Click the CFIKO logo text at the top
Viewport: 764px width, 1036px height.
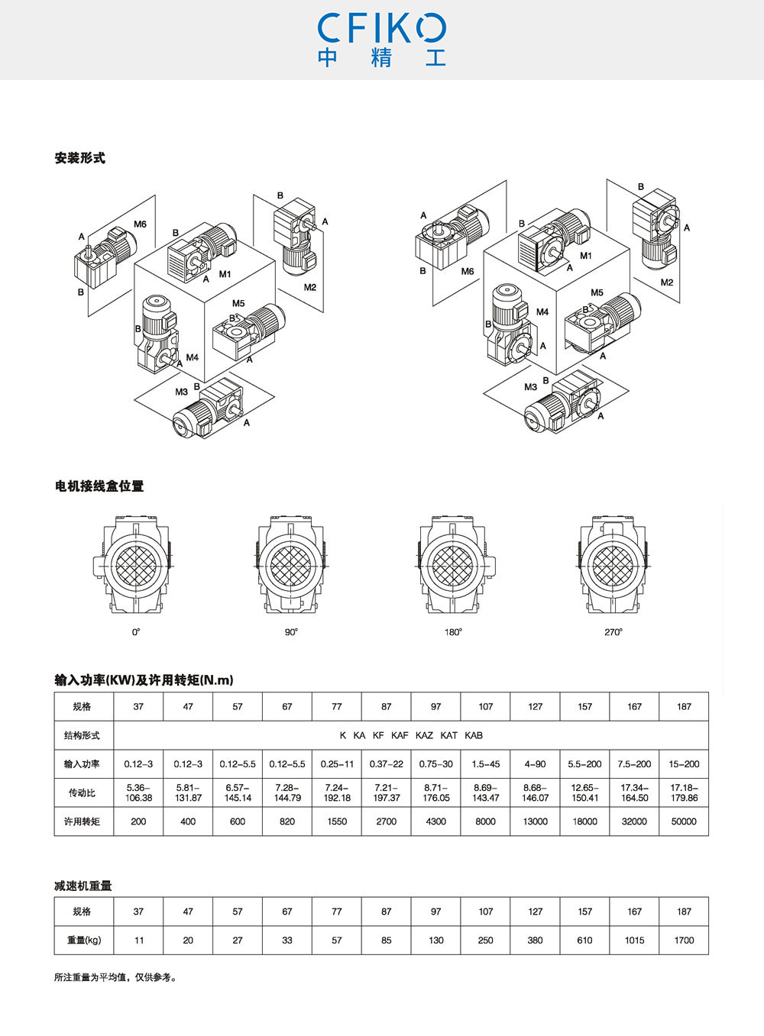(382, 28)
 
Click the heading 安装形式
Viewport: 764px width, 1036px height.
(80, 158)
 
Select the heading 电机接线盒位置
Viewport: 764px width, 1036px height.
(99, 486)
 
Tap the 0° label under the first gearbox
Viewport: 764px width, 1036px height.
(136, 632)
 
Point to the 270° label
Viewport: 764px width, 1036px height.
(613, 632)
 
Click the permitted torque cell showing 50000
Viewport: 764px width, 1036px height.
(684, 821)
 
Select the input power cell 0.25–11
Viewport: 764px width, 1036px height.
(337, 764)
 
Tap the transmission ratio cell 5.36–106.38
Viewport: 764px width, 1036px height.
(138, 792)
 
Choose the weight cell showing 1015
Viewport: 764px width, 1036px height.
(634, 941)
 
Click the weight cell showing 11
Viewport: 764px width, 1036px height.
(139, 941)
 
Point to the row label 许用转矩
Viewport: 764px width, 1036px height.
(82, 821)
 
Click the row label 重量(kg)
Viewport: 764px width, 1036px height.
(84, 941)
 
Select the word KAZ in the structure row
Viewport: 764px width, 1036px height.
(424, 735)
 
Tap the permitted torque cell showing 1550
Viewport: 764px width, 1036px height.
(337, 821)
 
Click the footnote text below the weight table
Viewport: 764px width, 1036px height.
(115, 978)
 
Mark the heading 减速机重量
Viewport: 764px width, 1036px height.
(83, 886)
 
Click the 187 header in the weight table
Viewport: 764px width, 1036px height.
(684, 912)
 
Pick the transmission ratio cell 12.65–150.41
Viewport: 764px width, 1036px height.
(585, 792)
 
